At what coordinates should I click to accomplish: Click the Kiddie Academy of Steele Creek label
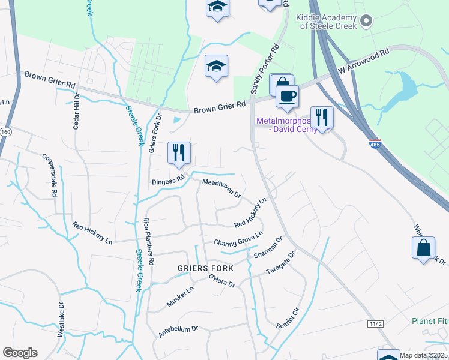[x=327, y=22]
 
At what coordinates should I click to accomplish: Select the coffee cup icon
[x=287, y=96]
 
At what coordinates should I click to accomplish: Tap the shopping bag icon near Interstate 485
[x=423, y=247]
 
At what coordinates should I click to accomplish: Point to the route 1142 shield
[x=376, y=324]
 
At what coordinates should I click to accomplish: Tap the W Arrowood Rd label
[x=364, y=62]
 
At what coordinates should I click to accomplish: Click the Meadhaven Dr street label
[x=221, y=188]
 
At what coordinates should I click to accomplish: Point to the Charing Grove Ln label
[x=238, y=239]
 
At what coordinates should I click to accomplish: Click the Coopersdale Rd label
[x=49, y=176]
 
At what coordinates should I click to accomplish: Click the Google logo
[x=20, y=353]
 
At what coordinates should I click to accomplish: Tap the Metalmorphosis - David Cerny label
[x=283, y=125]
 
